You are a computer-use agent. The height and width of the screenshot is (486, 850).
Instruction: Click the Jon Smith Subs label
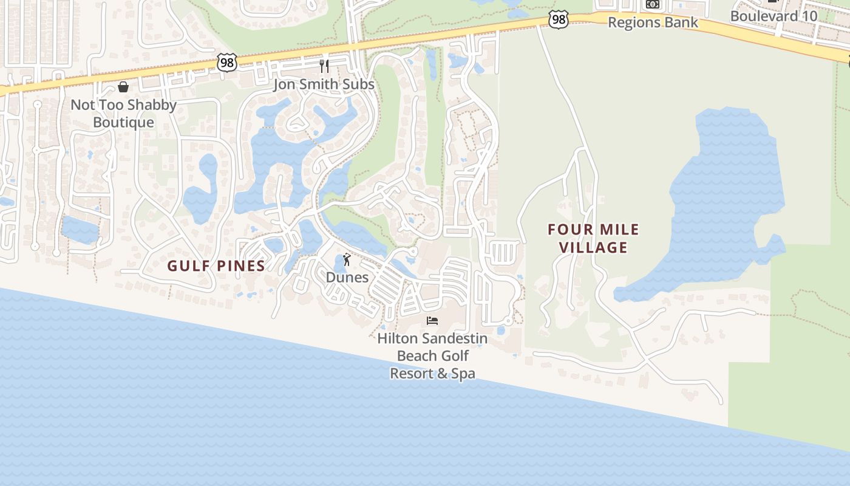pos(324,84)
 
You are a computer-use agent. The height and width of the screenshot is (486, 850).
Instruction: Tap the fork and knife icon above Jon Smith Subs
pos(324,66)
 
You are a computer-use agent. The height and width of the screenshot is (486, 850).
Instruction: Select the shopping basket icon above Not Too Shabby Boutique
pos(123,87)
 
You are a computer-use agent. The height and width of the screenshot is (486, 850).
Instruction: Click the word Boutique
pos(123,122)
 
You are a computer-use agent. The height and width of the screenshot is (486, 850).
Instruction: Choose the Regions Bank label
pos(653,22)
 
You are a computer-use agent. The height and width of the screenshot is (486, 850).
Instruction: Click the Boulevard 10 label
pos(773,16)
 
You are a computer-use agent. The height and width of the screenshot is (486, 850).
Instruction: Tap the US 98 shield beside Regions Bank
pos(558,19)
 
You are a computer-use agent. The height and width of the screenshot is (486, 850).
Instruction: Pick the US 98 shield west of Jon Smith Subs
pos(226,62)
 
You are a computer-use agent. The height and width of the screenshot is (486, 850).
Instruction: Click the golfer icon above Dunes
pos(347,260)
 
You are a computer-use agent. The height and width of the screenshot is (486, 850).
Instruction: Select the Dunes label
pos(347,277)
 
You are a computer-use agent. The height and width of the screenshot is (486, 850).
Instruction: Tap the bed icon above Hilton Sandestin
pos(432,320)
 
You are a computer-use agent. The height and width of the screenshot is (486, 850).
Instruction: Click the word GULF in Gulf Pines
pos(188,265)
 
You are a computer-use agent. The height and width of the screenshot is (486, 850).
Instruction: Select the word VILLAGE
pos(593,247)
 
